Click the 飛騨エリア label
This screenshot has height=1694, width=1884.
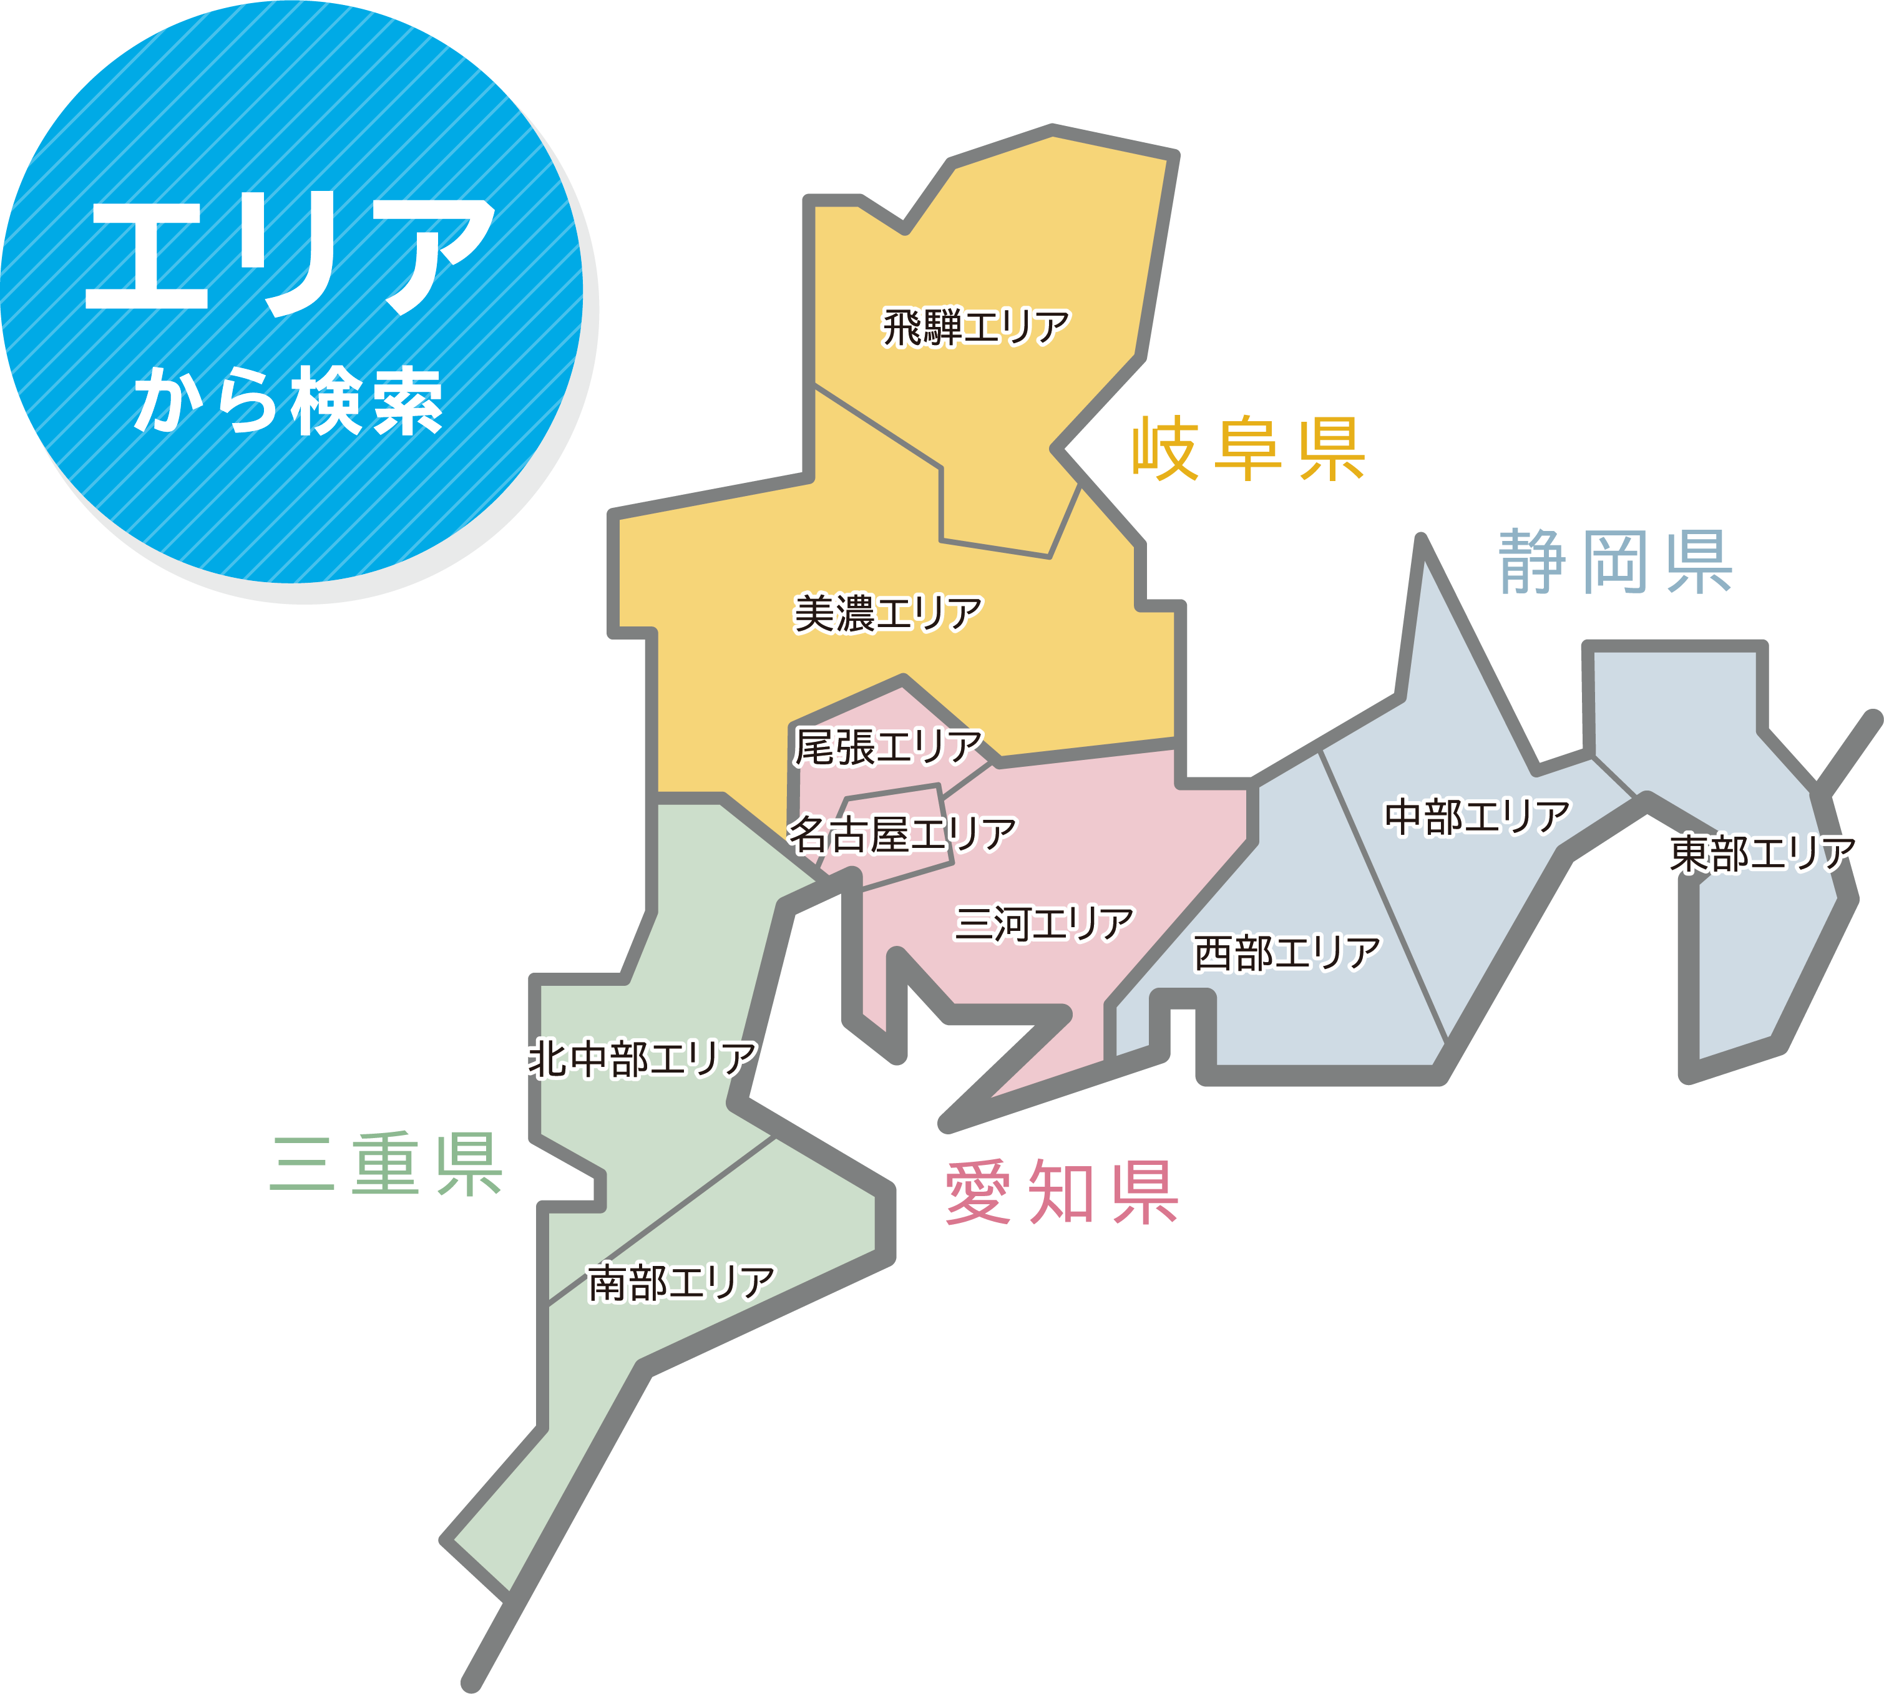pos(975,328)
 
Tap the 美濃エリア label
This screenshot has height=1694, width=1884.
pos(888,613)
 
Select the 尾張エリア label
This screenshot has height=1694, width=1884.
pos(888,746)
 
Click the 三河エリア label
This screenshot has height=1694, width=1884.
pos(1043,923)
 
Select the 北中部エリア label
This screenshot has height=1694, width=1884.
pos(642,1059)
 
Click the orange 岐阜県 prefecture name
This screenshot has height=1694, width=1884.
pos(1248,450)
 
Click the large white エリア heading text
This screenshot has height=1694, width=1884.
pos(290,253)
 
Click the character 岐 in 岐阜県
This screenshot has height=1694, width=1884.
pos(1165,450)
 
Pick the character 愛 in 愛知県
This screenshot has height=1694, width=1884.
pos(979,1193)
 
